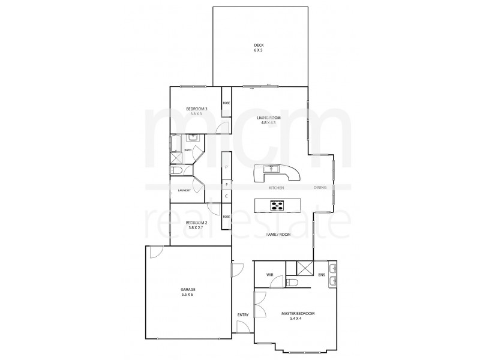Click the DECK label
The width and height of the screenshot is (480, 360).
[x=259, y=45]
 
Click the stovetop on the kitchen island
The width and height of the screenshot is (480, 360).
[x=278, y=205]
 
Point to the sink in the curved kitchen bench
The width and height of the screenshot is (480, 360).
[x=271, y=169]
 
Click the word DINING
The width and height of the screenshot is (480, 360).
[x=320, y=188]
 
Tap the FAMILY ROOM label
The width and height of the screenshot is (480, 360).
[x=278, y=235]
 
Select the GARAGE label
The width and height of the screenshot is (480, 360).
[x=188, y=290]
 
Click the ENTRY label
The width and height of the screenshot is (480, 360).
[x=243, y=314]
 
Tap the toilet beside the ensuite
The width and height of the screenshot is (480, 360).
[x=293, y=282]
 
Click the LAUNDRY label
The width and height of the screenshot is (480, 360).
[x=185, y=190]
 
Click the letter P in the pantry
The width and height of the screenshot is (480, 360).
[x=226, y=167]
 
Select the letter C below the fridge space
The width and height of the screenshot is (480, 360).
[x=226, y=196]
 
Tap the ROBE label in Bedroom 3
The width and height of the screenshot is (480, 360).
[x=226, y=103]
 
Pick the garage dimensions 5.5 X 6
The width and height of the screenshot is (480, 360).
[x=188, y=295]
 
